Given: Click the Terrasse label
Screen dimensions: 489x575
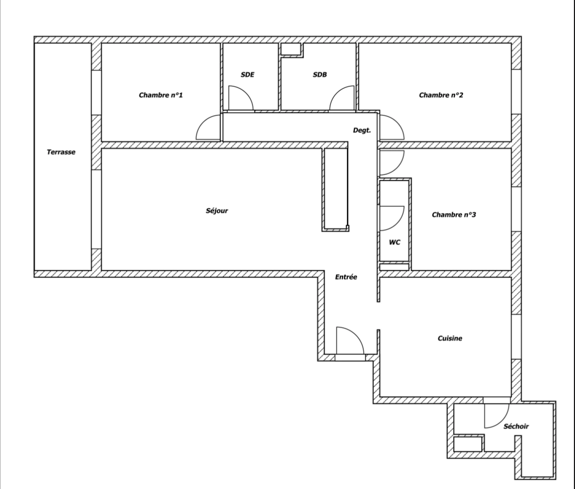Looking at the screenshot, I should tap(61, 152).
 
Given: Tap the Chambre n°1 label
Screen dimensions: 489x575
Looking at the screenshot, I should tap(161, 95).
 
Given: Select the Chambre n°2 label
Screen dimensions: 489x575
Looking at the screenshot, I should tap(441, 95).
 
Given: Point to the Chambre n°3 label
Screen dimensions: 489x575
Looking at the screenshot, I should tap(453, 215).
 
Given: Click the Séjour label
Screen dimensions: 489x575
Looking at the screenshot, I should tap(217, 211).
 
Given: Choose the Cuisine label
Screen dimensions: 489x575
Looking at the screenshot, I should tap(450, 338).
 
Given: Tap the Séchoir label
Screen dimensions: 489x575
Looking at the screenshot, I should tap(516, 426).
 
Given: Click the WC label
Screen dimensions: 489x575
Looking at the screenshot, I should tap(394, 242).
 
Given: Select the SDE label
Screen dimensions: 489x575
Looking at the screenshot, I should tap(247, 75).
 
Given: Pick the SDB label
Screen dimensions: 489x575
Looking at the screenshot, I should tap(319, 75).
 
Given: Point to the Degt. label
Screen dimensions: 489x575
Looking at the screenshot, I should tap(361, 130).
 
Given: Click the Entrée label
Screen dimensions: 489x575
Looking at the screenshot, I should tap(346, 277).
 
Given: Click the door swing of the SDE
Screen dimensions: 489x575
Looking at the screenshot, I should tap(240, 98).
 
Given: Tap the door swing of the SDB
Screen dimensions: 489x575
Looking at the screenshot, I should tap(342, 98).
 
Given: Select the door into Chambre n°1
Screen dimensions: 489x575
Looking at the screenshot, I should tap(208, 128).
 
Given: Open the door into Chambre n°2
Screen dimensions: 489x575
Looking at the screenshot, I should tap(391, 128).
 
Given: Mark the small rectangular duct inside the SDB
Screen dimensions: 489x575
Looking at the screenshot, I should tap(291, 49).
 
